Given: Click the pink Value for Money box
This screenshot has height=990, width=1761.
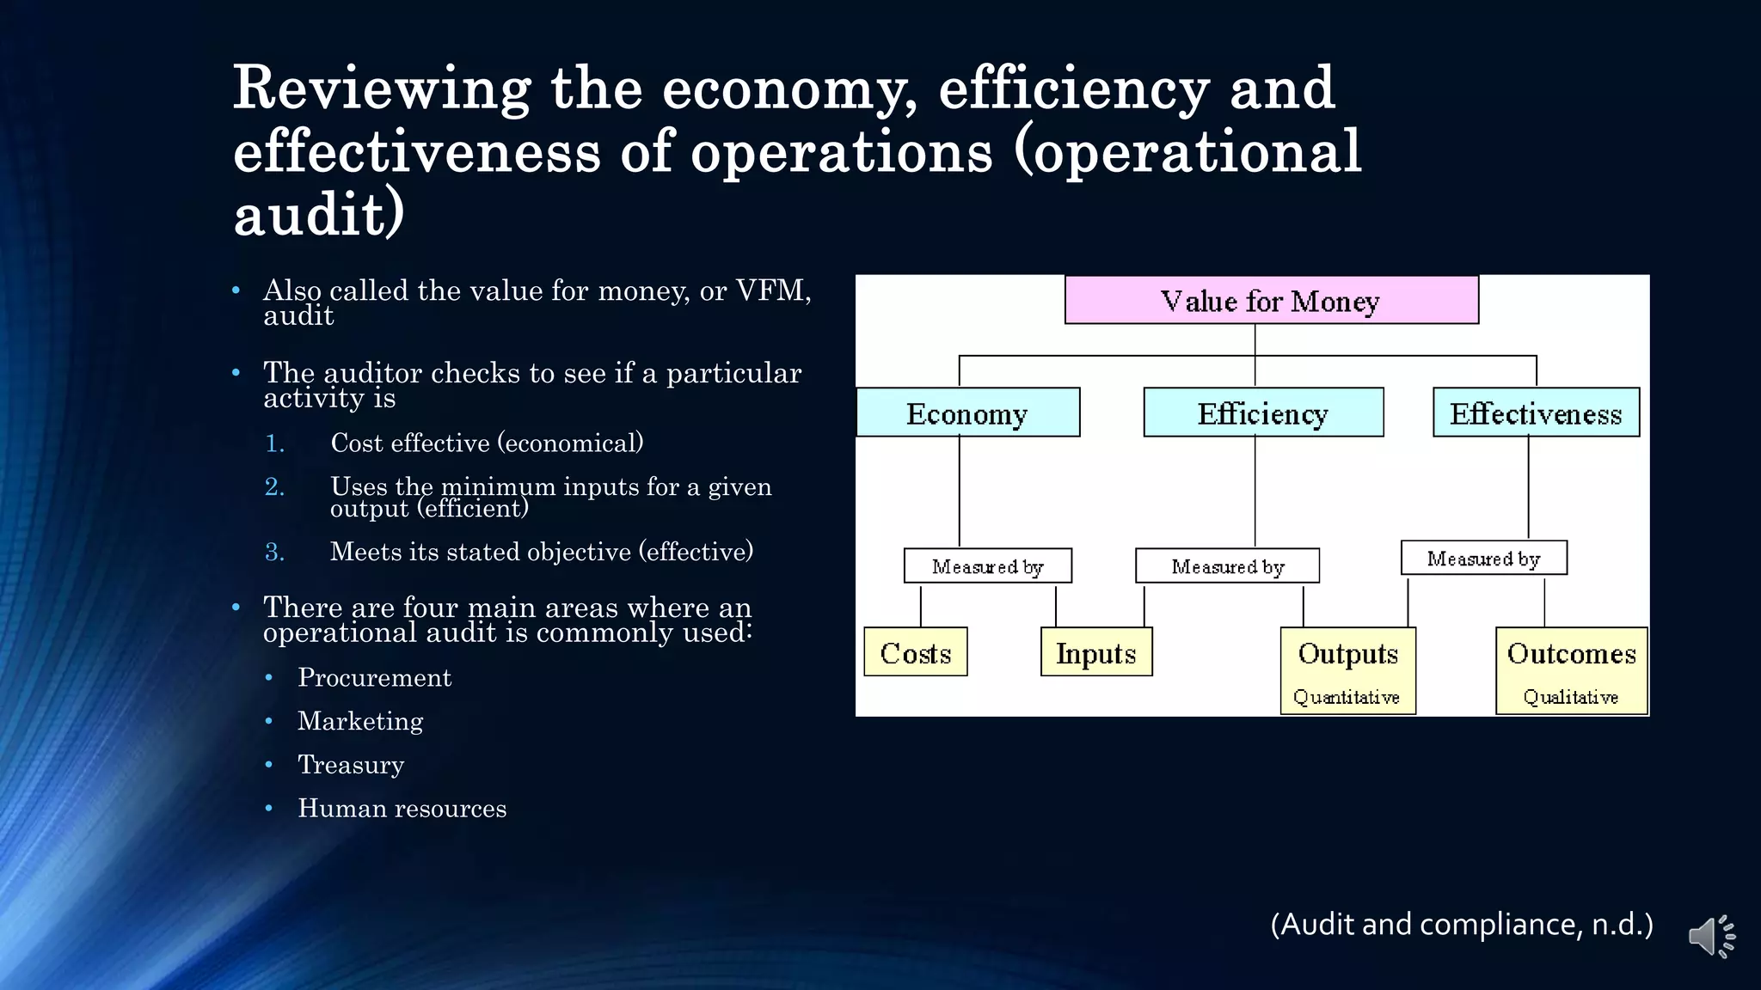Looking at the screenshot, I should [x=1271, y=300].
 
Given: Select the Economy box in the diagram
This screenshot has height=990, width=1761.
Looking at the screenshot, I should [x=967, y=413].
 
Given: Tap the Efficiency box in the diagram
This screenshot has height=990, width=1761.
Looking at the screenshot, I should [x=1262, y=413].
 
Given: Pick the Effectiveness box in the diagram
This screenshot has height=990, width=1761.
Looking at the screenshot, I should [x=1536, y=413].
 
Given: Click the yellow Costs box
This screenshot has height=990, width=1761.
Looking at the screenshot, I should [x=915, y=652].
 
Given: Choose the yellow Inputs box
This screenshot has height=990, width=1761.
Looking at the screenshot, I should [x=1095, y=652].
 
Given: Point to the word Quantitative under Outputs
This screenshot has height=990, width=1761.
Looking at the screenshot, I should [x=1347, y=697].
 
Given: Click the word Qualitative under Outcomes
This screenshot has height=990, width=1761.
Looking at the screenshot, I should [x=1570, y=697].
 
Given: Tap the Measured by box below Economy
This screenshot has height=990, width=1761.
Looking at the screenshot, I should [x=987, y=566].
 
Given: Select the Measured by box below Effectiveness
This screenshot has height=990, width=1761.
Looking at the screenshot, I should [x=1483, y=559].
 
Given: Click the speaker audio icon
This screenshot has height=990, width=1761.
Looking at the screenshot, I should [x=1710, y=936].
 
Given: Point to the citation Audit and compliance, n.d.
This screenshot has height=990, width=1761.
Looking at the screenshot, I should [x=1461, y=925].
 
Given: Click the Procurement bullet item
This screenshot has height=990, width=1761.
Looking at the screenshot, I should [x=374, y=678].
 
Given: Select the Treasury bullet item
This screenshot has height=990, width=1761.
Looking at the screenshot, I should [x=351, y=765].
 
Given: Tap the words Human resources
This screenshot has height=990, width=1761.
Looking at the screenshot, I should [x=402, y=809].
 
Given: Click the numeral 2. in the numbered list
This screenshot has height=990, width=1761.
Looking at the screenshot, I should [x=274, y=487].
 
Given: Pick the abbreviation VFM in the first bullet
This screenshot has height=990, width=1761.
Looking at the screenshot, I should [x=771, y=290].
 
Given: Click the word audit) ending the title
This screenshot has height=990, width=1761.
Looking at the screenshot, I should [x=318, y=214].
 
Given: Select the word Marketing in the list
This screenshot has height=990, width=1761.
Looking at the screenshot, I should [x=360, y=721].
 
